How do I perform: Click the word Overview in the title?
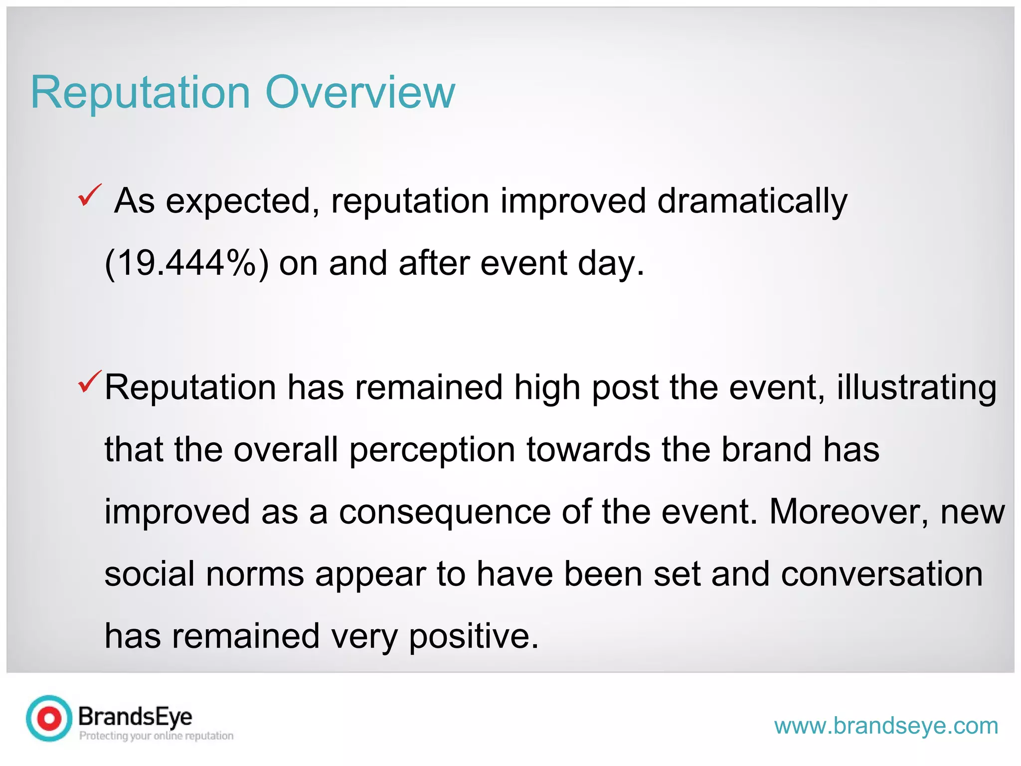pyautogui.click(x=360, y=93)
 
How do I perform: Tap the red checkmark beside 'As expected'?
pyautogui.click(x=90, y=195)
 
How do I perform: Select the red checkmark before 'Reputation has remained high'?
pyautogui.click(x=90, y=382)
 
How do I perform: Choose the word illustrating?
pyautogui.click(x=916, y=388)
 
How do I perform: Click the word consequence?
pyautogui.click(x=445, y=512)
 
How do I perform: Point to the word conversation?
pyautogui.click(x=881, y=574)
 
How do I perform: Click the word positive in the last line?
pyautogui.click(x=474, y=637)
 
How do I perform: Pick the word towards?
pyautogui.click(x=588, y=449)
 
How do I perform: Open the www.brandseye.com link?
pyautogui.click(x=886, y=726)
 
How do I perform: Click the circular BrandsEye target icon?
pyautogui.click(x=49, y=718)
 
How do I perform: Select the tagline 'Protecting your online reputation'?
pyautogui.click(x=156, y=736)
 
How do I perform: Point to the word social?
pyautogui.click(x=149, y=574)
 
